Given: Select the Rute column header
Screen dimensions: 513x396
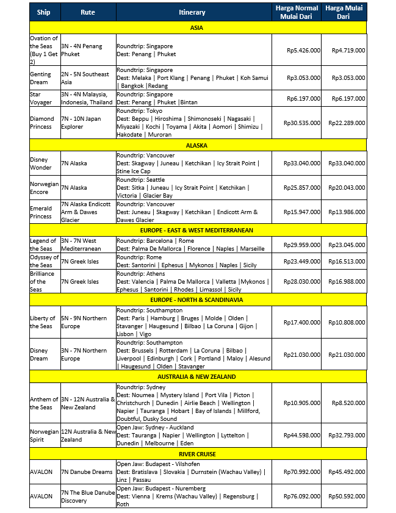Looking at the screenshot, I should (87, 12).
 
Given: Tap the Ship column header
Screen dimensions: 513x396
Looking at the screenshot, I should (44, 12).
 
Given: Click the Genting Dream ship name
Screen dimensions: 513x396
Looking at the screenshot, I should (44, 78).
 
